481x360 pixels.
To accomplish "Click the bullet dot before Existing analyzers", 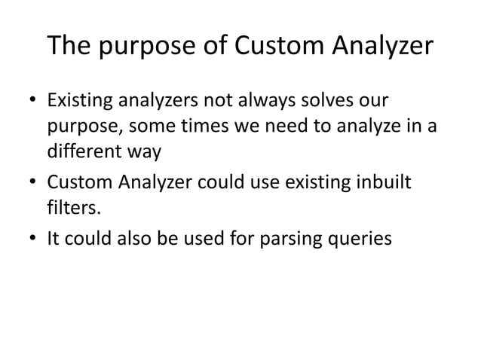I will coord(32,101).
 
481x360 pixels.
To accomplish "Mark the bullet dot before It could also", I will coord(32,239).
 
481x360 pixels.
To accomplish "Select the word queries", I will coord(363,239).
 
